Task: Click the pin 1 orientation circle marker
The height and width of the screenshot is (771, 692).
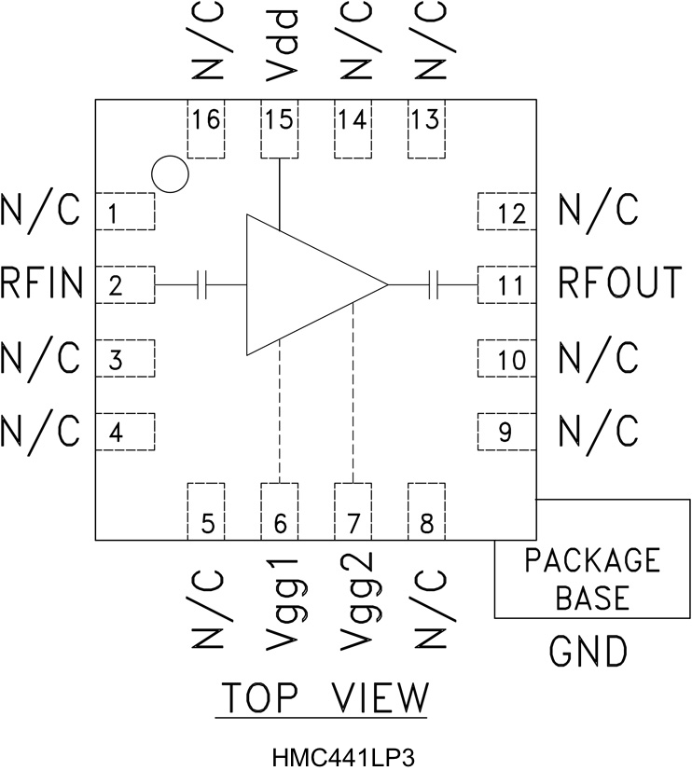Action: (x=170, y=173)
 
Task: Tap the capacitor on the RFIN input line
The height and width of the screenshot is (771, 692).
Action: (x=202, y=284)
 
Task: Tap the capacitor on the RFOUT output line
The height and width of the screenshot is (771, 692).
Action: (x=432, y=284)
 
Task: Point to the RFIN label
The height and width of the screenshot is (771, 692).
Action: (x=43, y=283)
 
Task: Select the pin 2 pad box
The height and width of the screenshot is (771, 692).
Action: (x=126, y=284)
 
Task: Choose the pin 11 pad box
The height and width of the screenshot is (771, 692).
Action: (x=506, y=284)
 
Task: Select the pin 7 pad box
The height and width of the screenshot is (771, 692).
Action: (x=353, y=511)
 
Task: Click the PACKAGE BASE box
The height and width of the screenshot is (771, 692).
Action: (x=592, y=578)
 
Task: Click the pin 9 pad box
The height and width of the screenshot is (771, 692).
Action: (x=506, y=431)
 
